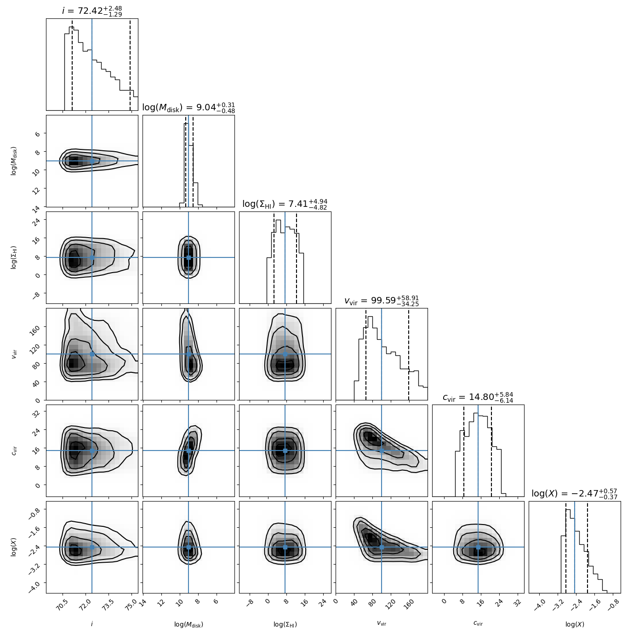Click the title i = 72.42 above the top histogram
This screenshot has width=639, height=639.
pos(92,11)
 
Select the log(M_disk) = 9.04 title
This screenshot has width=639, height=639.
pos(188,108)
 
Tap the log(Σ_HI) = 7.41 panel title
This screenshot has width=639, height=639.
pos(285,204)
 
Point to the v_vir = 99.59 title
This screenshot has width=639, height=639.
pos(382,301)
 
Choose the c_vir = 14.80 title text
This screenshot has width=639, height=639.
pos(478,397)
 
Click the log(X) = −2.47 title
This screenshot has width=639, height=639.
pos(575,494)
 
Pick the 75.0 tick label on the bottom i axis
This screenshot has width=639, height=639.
pos(131,605)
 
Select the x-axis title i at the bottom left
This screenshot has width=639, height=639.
pos(92,624)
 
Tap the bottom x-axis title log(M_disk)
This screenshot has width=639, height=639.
pos(188,624)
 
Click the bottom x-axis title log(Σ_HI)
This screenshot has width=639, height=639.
pos(285,624)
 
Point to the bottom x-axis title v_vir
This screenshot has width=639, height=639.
pos(382,624)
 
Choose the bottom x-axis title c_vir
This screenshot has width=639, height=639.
pos(478,624)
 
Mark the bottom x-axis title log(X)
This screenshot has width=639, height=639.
pos(575,624)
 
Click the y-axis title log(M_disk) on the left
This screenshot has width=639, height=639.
pos(14,161)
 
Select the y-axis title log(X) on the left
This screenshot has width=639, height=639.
pos(14,547)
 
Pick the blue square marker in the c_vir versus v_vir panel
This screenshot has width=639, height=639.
pos(382,451)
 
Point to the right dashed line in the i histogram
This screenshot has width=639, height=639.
pos(130,64)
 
